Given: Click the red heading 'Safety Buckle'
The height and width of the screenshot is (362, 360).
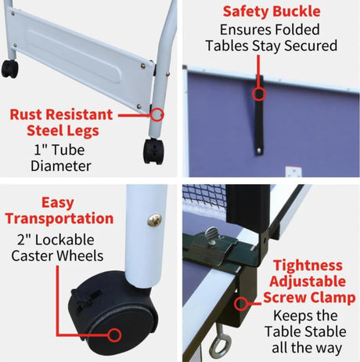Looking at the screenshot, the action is point(272,12).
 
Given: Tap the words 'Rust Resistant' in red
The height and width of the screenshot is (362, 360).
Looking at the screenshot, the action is point(61,114).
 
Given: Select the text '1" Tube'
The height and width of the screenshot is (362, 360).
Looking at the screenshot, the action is point(59,150).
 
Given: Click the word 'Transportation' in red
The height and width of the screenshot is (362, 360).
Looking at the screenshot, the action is point(59,219).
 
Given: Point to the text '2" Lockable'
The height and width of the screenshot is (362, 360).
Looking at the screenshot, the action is point(56,240).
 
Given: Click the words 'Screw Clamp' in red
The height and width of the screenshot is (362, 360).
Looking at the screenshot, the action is point(309,298).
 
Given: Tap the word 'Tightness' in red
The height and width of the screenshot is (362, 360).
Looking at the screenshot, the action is point(308,266).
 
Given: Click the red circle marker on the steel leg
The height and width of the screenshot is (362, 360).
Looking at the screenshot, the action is point(157,114).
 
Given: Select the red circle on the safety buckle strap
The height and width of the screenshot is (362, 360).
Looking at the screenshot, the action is point(259,94).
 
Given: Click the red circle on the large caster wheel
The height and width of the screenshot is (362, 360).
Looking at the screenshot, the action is point(114,335).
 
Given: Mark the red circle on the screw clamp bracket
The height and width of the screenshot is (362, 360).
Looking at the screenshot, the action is point(241,304).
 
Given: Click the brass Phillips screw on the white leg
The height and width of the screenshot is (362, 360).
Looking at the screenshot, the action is point(154,219).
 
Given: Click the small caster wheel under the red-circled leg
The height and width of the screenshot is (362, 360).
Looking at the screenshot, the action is point(154,151).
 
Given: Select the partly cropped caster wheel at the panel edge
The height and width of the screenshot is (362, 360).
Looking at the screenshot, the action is point(10,69).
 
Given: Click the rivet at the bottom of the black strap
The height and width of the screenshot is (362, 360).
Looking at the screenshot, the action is point(258,150).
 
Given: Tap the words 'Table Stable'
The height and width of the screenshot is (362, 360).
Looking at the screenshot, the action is point(305,331).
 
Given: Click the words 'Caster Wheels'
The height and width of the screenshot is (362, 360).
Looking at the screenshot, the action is point(57,255).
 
